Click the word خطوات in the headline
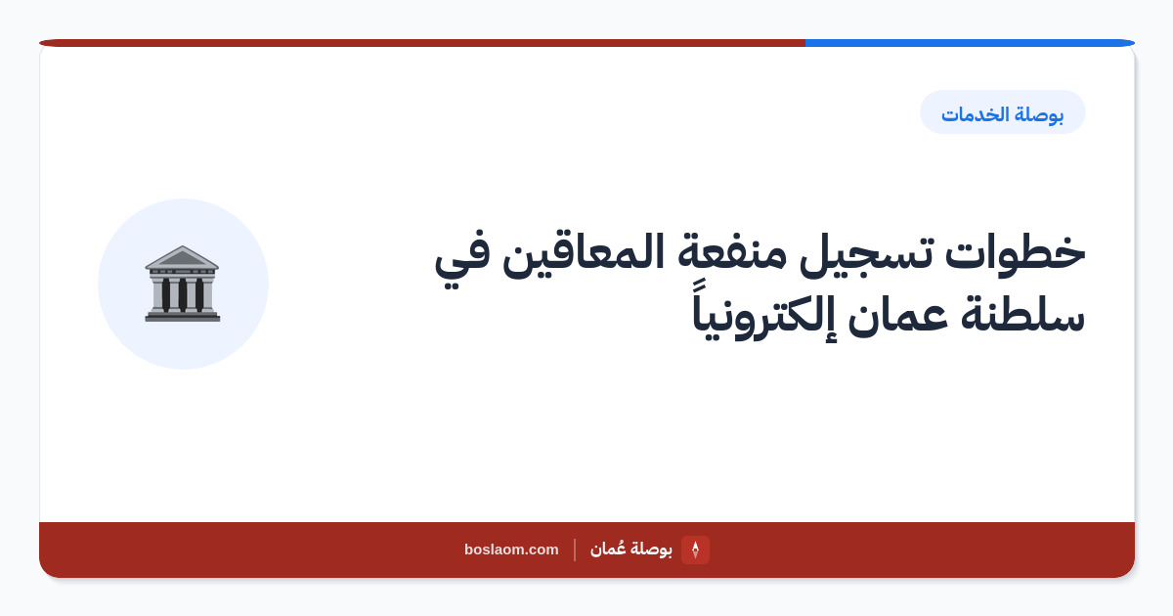coord(1016,252)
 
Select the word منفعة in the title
coord(732,253)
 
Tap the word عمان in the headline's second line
coord(898,318)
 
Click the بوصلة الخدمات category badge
coord(1002,112)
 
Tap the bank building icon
coord(183,284)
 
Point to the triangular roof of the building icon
coord(182,256)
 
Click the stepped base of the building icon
coord(183,316)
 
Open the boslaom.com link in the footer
coord(511,550)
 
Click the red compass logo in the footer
coord(695,550)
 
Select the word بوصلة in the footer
coord(651,550)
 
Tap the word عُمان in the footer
coord(608,549)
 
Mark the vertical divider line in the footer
coord(575,550)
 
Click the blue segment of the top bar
coord(970,43)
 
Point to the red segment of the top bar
coord(422,43)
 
